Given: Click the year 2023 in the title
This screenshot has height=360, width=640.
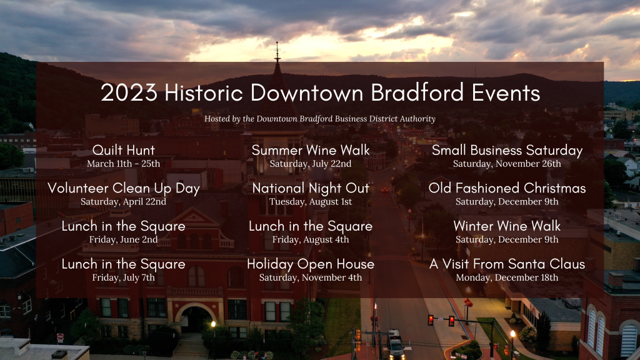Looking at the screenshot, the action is click(x=129, y=92).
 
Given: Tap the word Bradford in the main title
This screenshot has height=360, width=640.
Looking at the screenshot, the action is click(x=417, y=92).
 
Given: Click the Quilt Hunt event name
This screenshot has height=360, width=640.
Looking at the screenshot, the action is click(x=124, y=150).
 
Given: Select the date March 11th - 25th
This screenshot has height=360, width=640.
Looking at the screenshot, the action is click(x=123, y=164).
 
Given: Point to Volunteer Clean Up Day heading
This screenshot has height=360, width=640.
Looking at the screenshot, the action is click(x=124, y=188).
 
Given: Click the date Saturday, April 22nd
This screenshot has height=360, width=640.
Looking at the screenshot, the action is click(x=123, y=202).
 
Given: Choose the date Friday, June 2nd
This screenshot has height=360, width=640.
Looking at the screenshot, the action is click(x=123, y=239).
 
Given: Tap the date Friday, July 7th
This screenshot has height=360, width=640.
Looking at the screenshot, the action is click(x=123, y=277).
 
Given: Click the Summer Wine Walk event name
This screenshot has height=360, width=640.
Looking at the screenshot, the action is click(x=311, y=150).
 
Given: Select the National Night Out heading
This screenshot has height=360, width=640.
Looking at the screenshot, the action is click(x=311, y=188).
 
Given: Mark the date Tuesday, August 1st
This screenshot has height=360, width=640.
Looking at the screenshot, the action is click(x=311, y=202).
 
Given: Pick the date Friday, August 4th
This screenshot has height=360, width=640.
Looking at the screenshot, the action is click(x=311, y=239).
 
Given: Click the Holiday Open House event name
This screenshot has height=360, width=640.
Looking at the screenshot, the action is click(x=311, y=264).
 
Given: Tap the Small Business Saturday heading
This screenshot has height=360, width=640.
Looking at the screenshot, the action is click(x=507, y=150).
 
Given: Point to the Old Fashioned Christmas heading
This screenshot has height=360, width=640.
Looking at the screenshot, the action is click(x=507, y=188).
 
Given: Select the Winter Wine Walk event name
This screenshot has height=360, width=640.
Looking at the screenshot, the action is click(x=507, y=226).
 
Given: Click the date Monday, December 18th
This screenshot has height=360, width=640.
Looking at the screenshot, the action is click(x=507, y=277).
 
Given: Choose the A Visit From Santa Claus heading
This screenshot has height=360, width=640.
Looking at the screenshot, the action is click(x=507, y=264).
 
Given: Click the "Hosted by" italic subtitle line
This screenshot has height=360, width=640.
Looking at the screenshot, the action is click(x=319, y=119).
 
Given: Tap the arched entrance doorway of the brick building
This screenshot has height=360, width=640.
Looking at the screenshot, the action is click(x=196, y=321).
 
